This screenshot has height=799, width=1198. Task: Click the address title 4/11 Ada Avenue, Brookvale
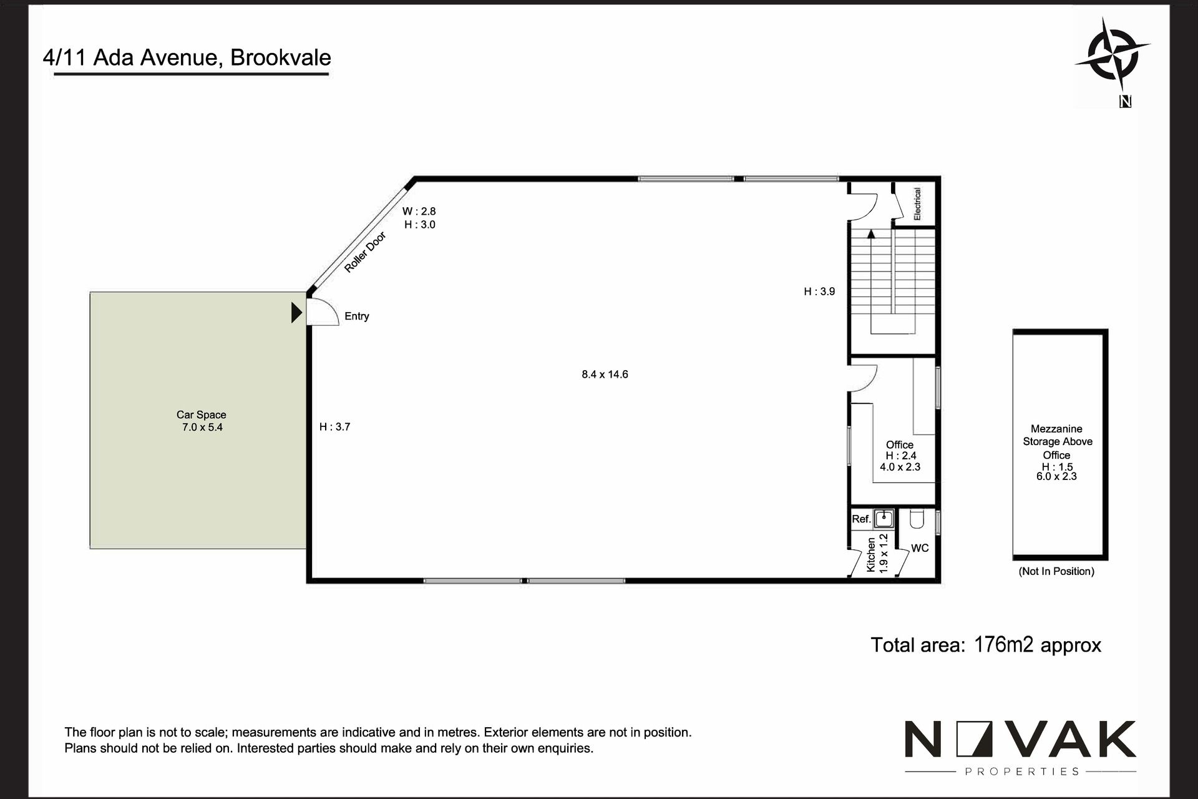tap(187, 57)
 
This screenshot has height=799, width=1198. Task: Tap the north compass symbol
tap(1113, 57)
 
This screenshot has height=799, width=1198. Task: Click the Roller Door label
tap(365, 252)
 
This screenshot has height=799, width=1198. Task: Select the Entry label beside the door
tap(357, 316)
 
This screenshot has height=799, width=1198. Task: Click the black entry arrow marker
tap(297, 312)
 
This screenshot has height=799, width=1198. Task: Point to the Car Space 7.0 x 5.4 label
tap(202, 421)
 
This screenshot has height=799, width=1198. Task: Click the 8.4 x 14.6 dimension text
tap(605, 375)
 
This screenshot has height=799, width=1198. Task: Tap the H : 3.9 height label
tap(819, 292)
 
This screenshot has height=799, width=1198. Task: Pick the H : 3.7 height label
tap(335, 427)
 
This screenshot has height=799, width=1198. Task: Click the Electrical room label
tap(917, 203)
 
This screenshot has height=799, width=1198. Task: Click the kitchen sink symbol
tap(884, 518)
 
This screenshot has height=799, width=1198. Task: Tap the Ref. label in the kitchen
tap(861, 519)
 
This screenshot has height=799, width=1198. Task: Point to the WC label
tap(920, 548)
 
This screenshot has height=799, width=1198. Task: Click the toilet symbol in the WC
tap(917, 519)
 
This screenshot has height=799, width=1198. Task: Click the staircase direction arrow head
tap(871, 234)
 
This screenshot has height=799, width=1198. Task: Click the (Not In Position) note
tap(1056, 571)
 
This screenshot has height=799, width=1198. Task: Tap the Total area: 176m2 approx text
tap(986, 645)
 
